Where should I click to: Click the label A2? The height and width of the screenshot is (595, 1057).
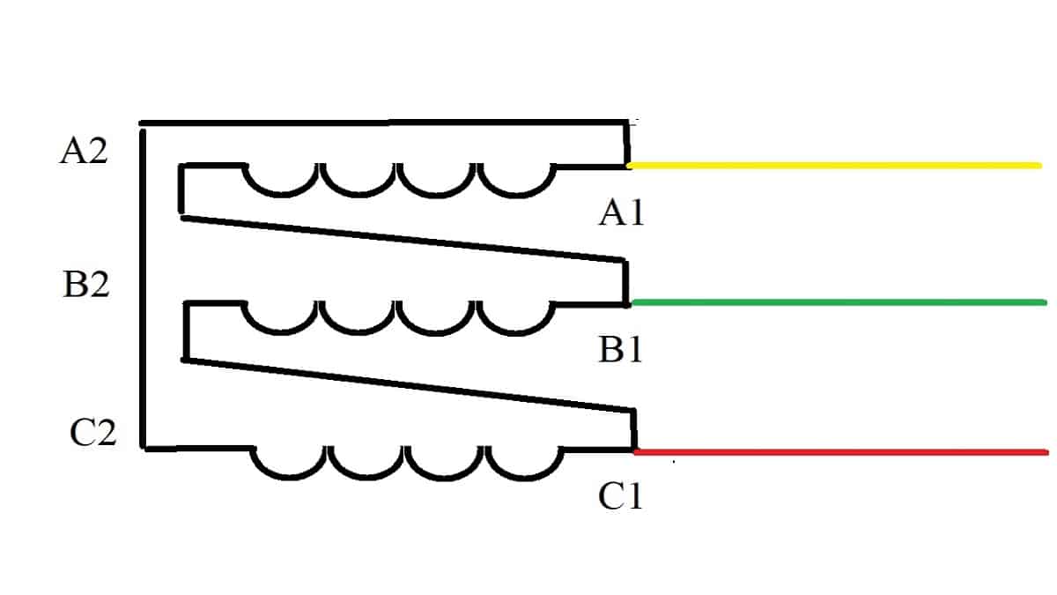point(84,152)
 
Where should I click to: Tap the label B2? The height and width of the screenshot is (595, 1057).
point(86,285)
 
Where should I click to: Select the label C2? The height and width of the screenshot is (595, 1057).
point(92,433)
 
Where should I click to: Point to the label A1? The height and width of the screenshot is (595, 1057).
point(621,213)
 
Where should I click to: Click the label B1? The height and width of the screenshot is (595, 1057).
point(621,350)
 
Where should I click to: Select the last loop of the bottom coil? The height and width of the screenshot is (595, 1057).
point(526,471)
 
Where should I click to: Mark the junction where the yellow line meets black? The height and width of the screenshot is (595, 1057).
point(629,165)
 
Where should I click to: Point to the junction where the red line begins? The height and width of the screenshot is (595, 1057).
point(635,451)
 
